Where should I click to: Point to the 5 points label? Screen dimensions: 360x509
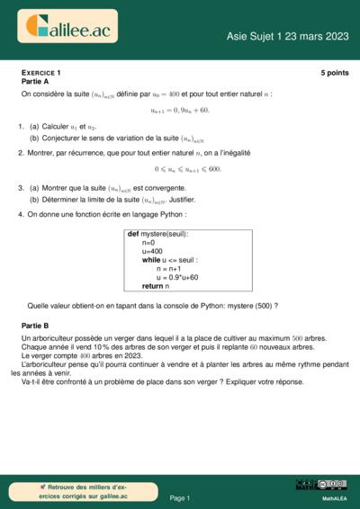point(333,72)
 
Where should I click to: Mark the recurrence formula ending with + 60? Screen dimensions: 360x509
point(180,110)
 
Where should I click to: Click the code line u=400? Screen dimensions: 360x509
point(152,251)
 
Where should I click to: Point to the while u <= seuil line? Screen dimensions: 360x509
point(168,260)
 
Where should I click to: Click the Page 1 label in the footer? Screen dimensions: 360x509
point(179,497)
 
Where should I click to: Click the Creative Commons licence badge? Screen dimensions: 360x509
point(333,485)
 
